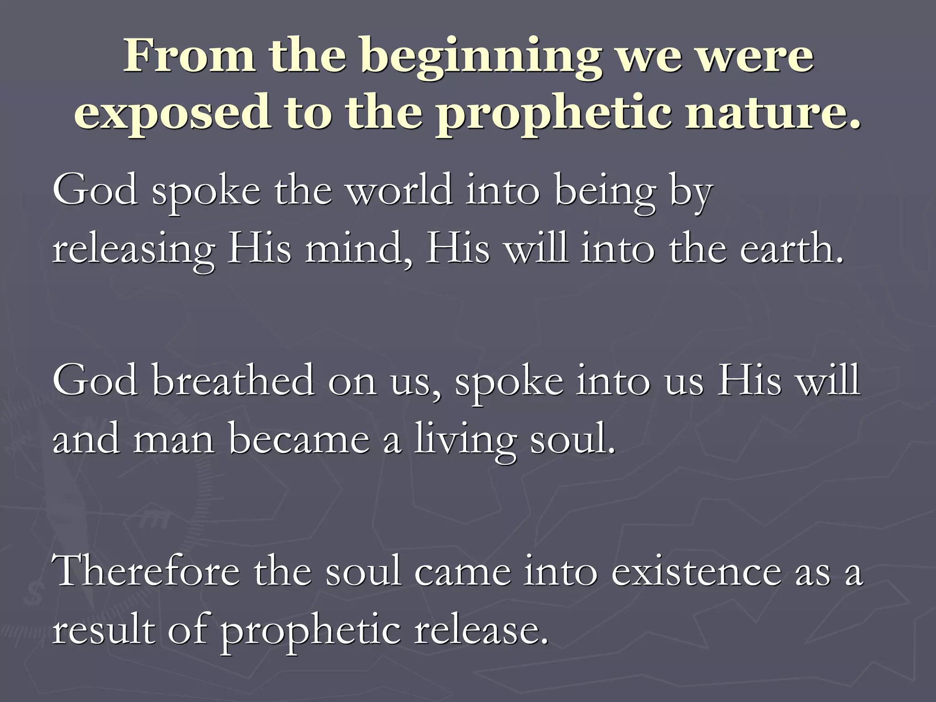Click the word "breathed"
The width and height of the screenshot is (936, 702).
click(x=233, y=381)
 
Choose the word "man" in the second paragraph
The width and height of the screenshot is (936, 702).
click(x=174, y=440)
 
